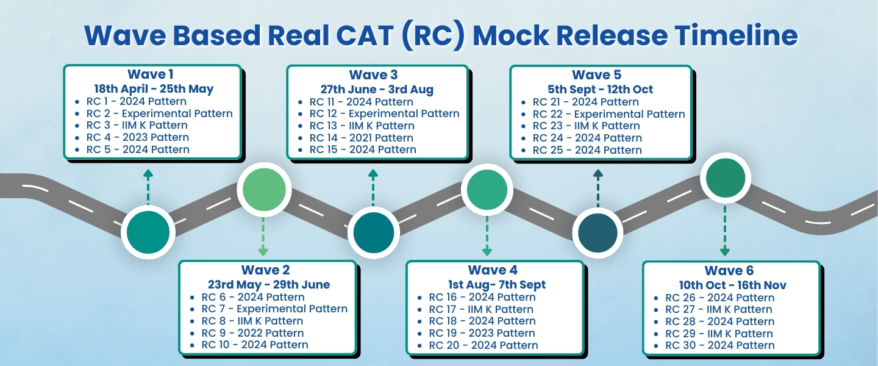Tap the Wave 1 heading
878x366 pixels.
pos(151,74)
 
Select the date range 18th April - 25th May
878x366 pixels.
pos(154,88)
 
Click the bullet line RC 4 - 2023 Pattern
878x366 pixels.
pos(138,137)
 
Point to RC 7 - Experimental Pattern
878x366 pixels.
pos(274,309)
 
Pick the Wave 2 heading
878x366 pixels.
pos(265,270)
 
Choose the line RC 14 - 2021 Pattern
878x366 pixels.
pos(361,138)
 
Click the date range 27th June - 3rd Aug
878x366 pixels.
pos(377,89)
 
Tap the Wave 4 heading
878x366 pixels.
pos(493,270)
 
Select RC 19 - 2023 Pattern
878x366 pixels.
pos(482,333)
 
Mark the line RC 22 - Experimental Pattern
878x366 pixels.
pos(609,114)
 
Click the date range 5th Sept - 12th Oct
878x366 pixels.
pos(600,89)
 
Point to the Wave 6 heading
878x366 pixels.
pos(729,270)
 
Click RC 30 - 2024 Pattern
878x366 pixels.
pos(719,345)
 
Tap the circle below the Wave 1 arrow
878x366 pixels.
pos(148,232)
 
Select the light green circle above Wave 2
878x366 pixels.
pos(264,190)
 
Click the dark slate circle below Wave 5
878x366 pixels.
pos(598,233)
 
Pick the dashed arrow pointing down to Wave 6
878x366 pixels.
pos(725,231)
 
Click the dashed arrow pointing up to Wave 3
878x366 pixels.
pos(373,187)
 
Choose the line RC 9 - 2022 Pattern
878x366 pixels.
pos(252,333)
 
